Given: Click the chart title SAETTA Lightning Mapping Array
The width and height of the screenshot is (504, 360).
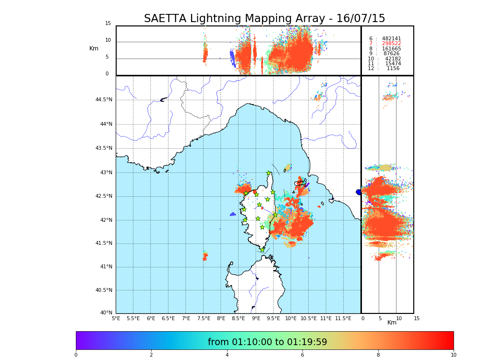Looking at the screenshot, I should tap(264, 19).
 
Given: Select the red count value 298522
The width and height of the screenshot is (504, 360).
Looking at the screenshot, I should tap(391, 44).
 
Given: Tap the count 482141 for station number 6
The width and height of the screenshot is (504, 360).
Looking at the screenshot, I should tap(391, 39).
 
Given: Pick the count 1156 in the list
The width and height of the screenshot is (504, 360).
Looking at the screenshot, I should tap(393, 69).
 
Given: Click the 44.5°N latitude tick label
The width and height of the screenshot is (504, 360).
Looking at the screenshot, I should tap(104, 100).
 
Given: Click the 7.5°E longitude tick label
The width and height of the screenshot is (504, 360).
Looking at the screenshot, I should tap(204, 318).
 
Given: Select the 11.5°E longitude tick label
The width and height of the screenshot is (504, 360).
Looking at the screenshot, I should tap(343, 318).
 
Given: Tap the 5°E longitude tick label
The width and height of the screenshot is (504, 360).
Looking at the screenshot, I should tap(116, 318).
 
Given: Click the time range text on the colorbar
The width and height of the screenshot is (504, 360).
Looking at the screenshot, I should tap(267, 342).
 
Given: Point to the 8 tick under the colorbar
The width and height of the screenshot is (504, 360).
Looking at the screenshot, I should tap(378, 355).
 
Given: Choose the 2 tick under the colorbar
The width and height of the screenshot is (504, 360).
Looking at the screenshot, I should tap(151, 355).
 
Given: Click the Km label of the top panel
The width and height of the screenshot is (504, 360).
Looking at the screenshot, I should tap(94, 48).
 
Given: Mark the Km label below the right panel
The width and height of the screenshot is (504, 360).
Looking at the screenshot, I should tap(392, 323).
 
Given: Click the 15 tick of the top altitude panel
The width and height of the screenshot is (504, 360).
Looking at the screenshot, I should tap(108, 24).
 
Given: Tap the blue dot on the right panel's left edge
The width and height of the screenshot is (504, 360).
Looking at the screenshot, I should tap(359, 192).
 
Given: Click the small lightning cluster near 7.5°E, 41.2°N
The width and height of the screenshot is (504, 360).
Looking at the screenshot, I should tap(205, 255).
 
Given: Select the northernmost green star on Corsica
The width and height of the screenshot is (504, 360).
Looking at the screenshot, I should tap(269, 173).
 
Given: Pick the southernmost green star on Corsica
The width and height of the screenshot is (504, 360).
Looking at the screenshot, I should tap(262, 250).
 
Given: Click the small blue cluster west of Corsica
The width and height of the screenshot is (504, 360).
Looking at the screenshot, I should tap(232, 214).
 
